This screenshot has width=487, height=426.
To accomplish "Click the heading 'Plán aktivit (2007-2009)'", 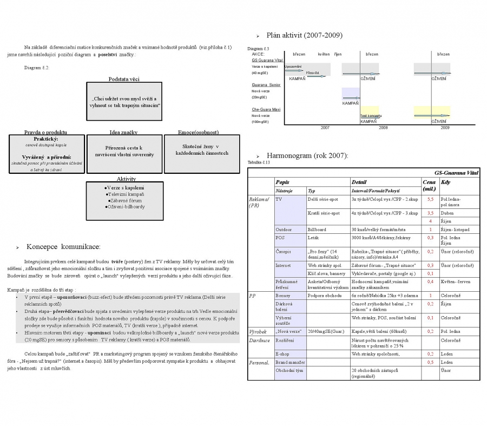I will (x=304, y=36).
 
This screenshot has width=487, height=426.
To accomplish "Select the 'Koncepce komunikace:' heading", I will (x=63, y=247).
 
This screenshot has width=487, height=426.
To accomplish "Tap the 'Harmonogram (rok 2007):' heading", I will (x=307, y=156).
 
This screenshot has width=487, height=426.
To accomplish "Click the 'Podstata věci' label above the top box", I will (x=124, y=79).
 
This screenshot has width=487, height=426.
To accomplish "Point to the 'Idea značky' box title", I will (x=123, y=132).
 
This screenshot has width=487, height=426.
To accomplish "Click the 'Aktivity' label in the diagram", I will (x=126, y=179).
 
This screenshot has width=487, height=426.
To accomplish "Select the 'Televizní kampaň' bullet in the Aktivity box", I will (x=126, y=194).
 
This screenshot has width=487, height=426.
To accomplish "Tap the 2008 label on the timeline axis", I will (x=383, y=128).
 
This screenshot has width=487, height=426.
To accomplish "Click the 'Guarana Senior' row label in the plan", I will (x=266, y=85).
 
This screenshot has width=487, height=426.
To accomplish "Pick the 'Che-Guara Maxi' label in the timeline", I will (x=266, y=109).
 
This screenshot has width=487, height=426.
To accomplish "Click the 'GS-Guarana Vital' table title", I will (x=456, y=173).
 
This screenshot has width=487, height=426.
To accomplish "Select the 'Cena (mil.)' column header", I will (x=429, y=186).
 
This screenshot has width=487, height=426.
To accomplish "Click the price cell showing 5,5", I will (x=430, y=199).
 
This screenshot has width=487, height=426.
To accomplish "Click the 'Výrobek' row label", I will (x=258, y=331).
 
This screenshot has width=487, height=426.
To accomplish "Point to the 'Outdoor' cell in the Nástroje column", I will (x=285, y=230).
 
